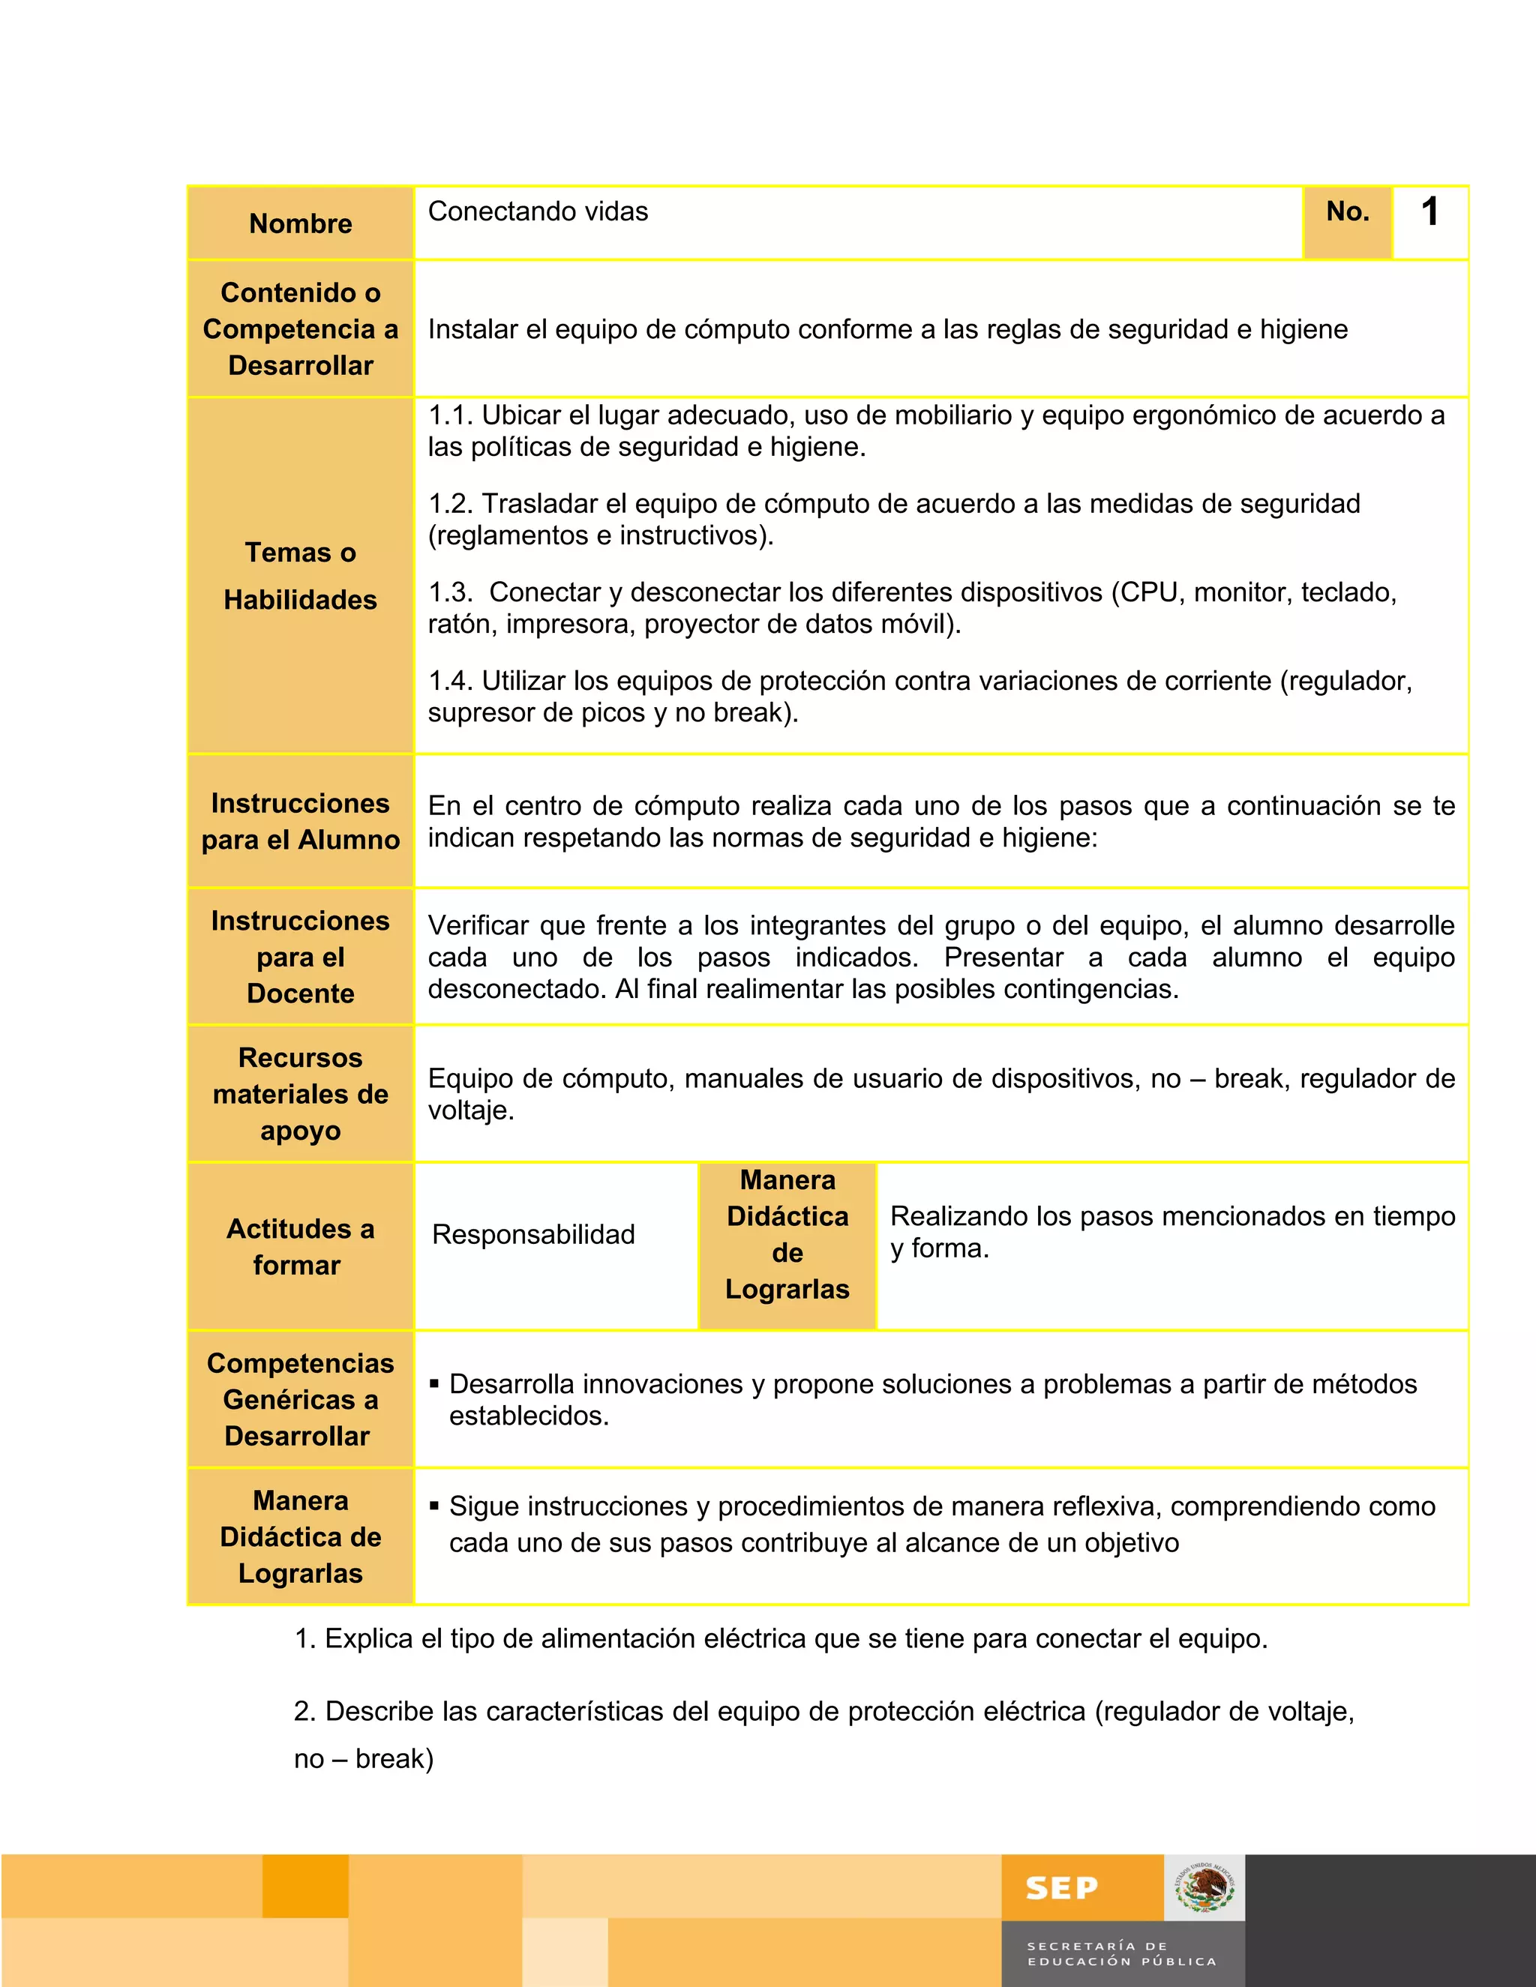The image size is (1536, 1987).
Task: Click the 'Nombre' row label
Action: coord(300,223)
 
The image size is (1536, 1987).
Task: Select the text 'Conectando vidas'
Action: coord(538,212)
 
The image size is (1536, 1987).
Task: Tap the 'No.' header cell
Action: coord(1348,212)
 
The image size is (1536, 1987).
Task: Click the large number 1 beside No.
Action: coord(1430,213)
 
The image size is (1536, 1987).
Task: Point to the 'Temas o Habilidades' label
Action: coord(300,576)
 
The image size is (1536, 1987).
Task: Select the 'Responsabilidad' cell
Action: coord(533,1235)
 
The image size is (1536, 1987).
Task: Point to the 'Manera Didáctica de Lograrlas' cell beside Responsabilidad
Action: coord(787,1235)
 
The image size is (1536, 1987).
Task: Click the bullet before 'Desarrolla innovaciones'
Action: coord(434,1384)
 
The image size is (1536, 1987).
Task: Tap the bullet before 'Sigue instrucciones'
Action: coord(434,1506)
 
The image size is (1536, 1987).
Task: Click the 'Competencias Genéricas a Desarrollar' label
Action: coord(300,1399)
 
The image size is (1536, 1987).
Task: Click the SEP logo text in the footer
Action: coord(1061,1889)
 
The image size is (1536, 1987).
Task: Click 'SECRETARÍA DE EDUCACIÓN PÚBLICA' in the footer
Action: coord(1121,1954)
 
